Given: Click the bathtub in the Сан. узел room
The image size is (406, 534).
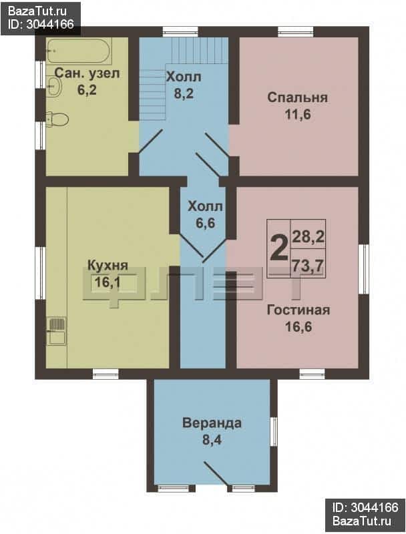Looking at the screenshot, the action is click(x=79, y=51).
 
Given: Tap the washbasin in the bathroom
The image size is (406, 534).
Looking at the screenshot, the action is click(x=54, y=86).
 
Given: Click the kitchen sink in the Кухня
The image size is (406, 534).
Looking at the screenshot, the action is click(x=56, y=330).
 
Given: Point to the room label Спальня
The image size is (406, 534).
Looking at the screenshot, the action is click(x=297, y=97).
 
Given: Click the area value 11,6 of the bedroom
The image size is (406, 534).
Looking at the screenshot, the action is click(x=298, y=114).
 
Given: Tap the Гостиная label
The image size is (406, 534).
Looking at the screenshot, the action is click(x=298, y=310).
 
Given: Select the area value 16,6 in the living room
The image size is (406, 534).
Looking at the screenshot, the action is click(x=298, y=327).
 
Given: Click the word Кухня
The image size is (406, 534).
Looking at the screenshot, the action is click(x=108, y=265).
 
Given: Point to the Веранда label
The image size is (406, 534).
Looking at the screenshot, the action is click(x=212, y=423).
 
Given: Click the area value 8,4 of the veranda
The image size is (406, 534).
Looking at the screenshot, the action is click(x=212, y=440).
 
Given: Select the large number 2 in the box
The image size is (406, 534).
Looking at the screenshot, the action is click(x=278, y=248).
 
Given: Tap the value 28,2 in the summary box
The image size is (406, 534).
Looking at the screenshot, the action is click(x=308, y=236).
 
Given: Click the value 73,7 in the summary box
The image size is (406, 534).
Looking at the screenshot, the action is click(x=307, y=266).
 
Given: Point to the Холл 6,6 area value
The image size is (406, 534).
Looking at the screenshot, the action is click(x=206, y=224).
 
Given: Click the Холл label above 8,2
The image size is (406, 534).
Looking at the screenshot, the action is click(x=184, y=77).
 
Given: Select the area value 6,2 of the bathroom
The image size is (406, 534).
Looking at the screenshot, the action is click(x=87, y=90).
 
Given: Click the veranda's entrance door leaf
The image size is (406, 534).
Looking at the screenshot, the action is click(x=216, y=473).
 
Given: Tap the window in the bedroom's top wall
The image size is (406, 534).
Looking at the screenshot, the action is click(x=295, y=31).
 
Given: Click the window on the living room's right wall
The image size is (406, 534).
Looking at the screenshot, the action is click(x=363, y=269).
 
